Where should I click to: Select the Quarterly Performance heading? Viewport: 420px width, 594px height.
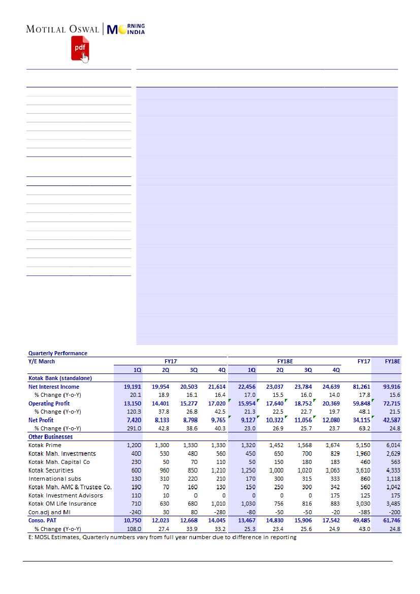pos(58,353)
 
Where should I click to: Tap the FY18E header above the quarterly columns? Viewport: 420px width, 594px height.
pos(284,361)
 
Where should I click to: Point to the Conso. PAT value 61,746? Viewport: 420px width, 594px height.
pos(390,520)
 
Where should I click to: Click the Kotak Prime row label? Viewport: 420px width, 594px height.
pos(45,445)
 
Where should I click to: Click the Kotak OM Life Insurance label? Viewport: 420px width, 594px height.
pos(62,504)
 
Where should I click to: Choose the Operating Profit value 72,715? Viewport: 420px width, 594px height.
pos(390,403)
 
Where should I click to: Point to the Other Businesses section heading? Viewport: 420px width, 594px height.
pos(50,436)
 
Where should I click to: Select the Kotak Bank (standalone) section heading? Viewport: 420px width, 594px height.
pos(60,378)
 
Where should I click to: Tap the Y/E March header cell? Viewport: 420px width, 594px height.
pos(42,361)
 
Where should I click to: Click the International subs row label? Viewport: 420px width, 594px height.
pos(55,479)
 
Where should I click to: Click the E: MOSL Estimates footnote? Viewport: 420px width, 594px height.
pos(162,538)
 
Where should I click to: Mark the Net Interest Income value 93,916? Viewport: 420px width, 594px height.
pos(390,387)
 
